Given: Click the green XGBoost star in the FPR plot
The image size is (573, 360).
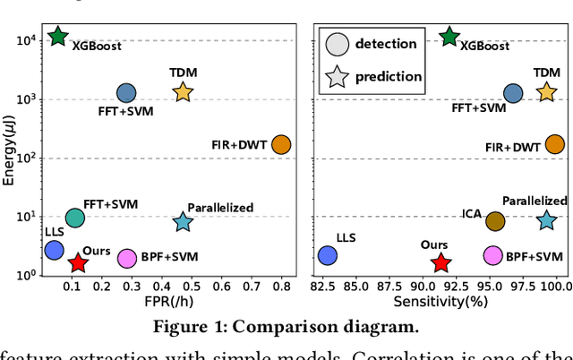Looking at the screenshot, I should pos(58,37).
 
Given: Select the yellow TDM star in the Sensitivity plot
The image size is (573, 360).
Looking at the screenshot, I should pos(546,91).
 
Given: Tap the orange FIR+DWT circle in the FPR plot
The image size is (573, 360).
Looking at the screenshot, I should pos(281,144).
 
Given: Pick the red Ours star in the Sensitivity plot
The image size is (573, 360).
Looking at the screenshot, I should pos(440,262).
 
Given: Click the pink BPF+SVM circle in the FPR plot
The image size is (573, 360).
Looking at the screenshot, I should pos(127,258).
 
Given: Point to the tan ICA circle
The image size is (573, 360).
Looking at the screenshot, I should pos(495,220).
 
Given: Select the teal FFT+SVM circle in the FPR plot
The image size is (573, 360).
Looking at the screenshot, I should pos(75,218).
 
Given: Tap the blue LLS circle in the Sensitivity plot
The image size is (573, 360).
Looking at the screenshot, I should pos(328,255).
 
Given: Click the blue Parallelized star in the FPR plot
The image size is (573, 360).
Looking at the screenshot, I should pos(183,222).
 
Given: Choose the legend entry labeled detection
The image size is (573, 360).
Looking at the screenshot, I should pos(385,43).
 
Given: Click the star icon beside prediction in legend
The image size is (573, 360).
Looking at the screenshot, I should pos(337,76).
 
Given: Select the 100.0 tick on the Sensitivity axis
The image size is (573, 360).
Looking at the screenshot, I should pos(555,287).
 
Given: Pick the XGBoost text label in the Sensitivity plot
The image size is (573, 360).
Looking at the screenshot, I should pos(485,47).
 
